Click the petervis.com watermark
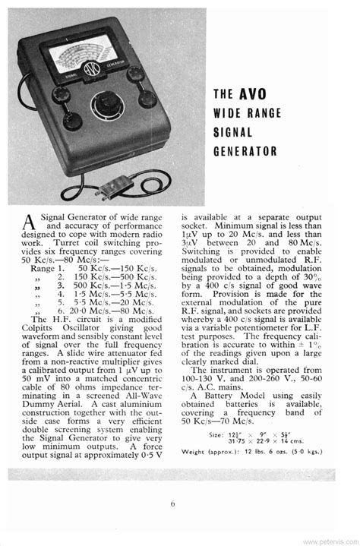pyautogui.click(x=331, y=541)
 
